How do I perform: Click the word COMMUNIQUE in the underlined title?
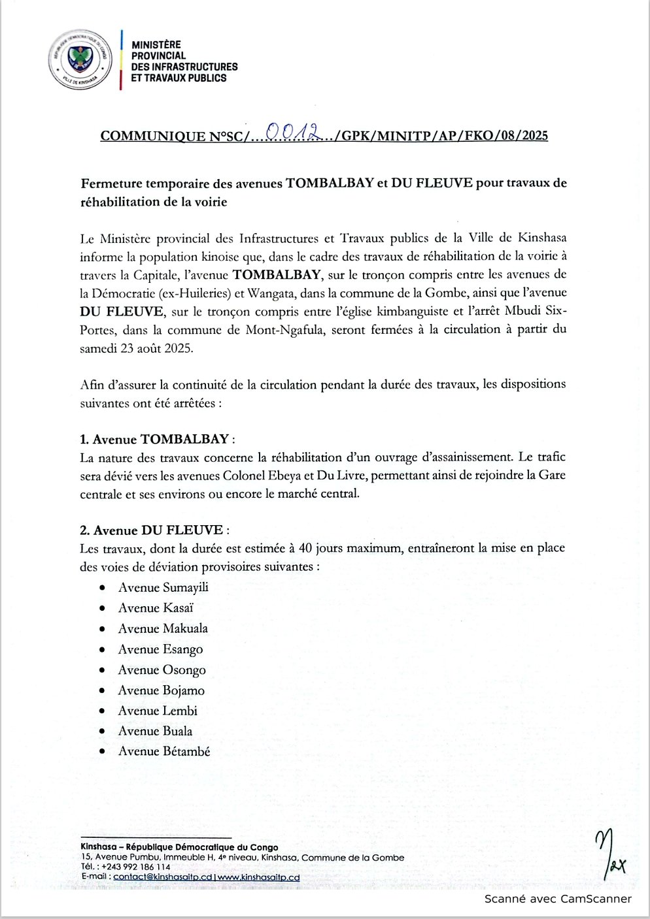pyautogui.click(x=153, y=137)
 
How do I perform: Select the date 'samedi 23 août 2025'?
pyautogui.click(x=136, y=349)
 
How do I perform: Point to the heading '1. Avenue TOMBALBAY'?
pyautogui.click(x=154, y=439)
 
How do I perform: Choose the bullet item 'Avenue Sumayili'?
pyautogui.click(x=163, y=587)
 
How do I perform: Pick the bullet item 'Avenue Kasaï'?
pyautogui.click(x=156, y=608)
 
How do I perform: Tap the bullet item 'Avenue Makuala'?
pyautogui.click(x=163, y=628)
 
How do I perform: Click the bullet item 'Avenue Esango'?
pyautogui.click(x=160, y=649)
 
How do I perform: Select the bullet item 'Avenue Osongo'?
pyautogui.click(x=162, y=669)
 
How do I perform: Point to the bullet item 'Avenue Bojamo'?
pyautogui.click(x=161, y=690)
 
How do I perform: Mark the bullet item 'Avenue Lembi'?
pyautogui.click(x=158, y=711)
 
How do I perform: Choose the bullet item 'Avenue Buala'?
pyautogui.click(x=155, y=731)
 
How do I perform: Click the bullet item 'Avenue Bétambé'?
pyautogui.click(x=164, y=751)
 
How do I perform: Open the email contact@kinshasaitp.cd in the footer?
pyautogui.click(x=163, y=877)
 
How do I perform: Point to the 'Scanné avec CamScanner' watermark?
pyautogui.click(x=558, y=899)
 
